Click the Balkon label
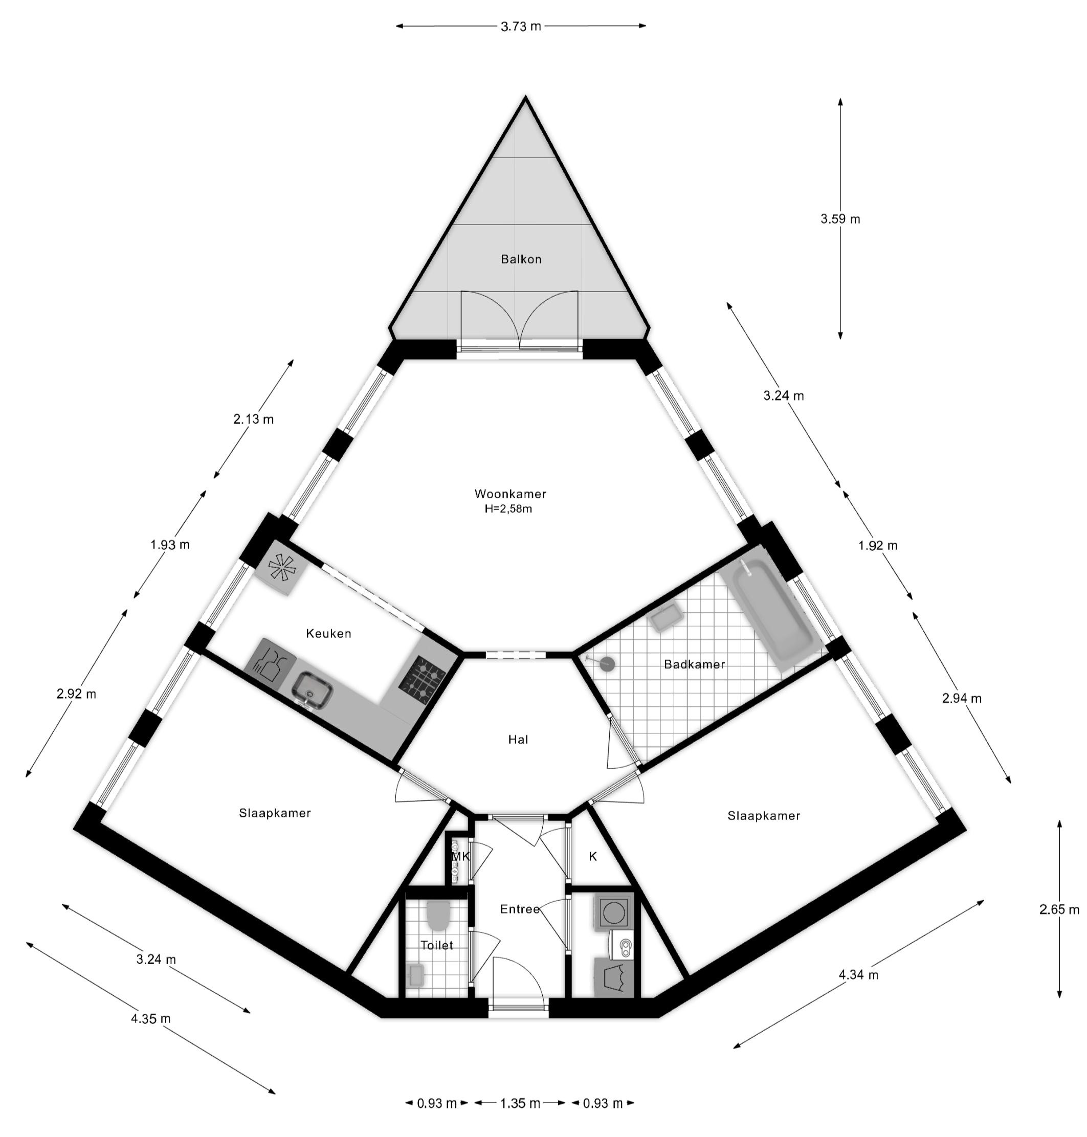click(521, 259)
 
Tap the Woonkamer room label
click(510, 494)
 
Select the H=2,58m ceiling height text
click(508, 509)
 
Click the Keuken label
click(328, 634)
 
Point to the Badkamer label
click(694, 664)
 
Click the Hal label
click(518, 740)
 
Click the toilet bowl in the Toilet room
click(438, 914)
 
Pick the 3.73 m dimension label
click(521, 26)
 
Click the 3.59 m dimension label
click(840, 219)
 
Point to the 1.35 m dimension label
click(520, 1103)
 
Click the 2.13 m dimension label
click(254, 419)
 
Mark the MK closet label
click(460, 856)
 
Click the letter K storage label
click(593, 856)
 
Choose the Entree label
click(520, 909)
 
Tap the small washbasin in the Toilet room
click(416, 973)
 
